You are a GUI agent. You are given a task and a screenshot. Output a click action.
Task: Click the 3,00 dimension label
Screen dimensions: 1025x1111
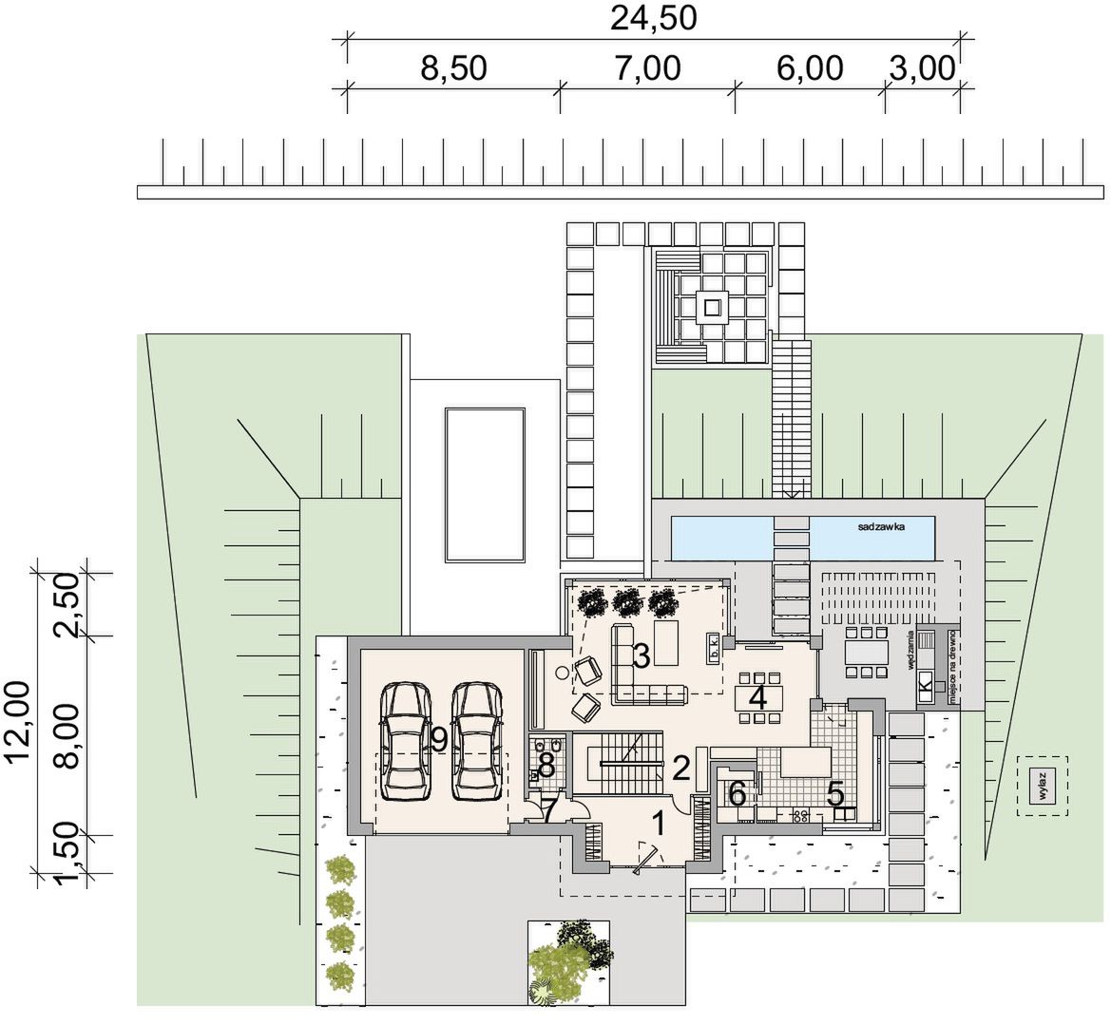tap(921, 69)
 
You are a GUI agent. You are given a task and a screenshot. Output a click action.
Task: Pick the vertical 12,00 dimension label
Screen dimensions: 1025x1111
tap(21, 722)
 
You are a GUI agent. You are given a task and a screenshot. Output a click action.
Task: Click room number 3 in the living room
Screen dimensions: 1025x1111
tap(642, 655)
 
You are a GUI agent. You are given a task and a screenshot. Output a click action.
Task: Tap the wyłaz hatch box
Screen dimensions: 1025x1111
tap(1042, 786)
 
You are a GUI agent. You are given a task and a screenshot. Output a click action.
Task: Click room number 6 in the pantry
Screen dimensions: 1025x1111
tap(737, 793)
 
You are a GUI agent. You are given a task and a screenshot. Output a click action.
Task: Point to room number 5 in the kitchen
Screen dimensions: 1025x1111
tap(835, 793)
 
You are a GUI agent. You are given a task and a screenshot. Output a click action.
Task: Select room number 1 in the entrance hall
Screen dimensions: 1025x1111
tap(657, 820)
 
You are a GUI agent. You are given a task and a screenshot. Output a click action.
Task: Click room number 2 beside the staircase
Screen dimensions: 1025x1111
tap(680, 767)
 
